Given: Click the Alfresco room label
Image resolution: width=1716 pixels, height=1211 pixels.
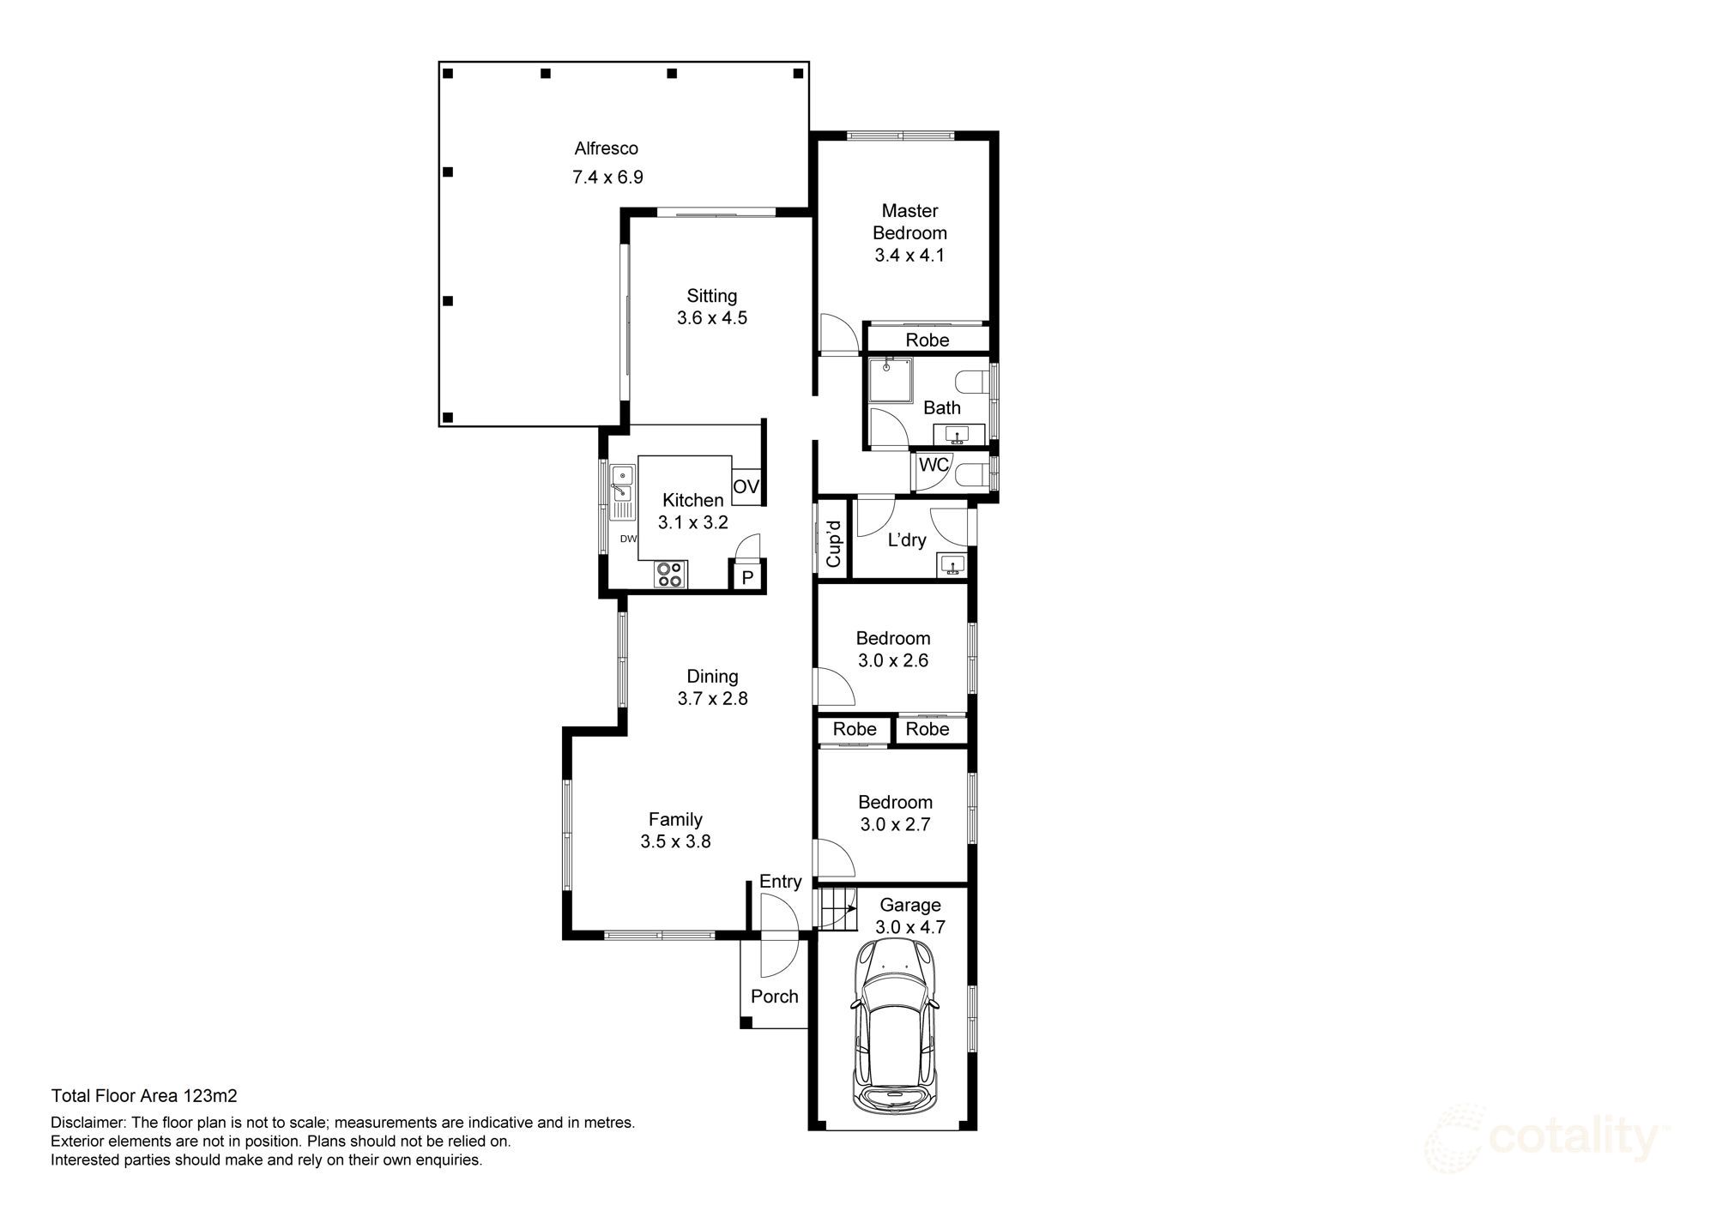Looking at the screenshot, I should tap(606, 148).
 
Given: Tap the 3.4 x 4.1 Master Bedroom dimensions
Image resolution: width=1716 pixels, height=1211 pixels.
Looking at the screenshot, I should tap(909, 255).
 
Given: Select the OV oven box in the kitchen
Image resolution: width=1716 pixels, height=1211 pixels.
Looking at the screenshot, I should tap(746, 487).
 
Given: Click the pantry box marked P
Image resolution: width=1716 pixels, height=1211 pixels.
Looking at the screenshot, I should tap(746, 577).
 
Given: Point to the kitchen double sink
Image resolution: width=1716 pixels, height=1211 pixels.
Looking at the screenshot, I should tap(621, 485).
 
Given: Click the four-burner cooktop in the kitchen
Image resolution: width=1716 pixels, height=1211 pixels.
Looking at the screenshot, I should tap(669, 574).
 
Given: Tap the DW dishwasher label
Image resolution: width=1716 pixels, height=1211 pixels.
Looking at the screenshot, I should tap(628, 539).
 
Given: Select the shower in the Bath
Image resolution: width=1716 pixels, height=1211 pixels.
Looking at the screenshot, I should tap(890, 380).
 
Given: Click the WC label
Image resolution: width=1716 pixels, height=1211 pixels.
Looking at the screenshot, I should tap(934, 465).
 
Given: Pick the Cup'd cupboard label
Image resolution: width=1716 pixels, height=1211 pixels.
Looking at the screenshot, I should tap(832, 544).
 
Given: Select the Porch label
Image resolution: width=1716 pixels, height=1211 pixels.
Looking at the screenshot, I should tap(774, 996).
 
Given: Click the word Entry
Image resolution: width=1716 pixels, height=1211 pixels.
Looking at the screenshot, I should tap(780, 882).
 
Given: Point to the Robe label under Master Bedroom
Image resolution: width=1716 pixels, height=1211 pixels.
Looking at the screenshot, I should tap(927, 340).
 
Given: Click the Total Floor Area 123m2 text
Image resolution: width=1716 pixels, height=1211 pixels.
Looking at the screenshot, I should tap(144, 1095).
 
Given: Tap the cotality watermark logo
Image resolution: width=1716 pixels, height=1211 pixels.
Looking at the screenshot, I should tap(1544, 1139).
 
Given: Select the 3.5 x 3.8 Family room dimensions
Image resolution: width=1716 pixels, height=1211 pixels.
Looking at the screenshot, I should tap(675, 841).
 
